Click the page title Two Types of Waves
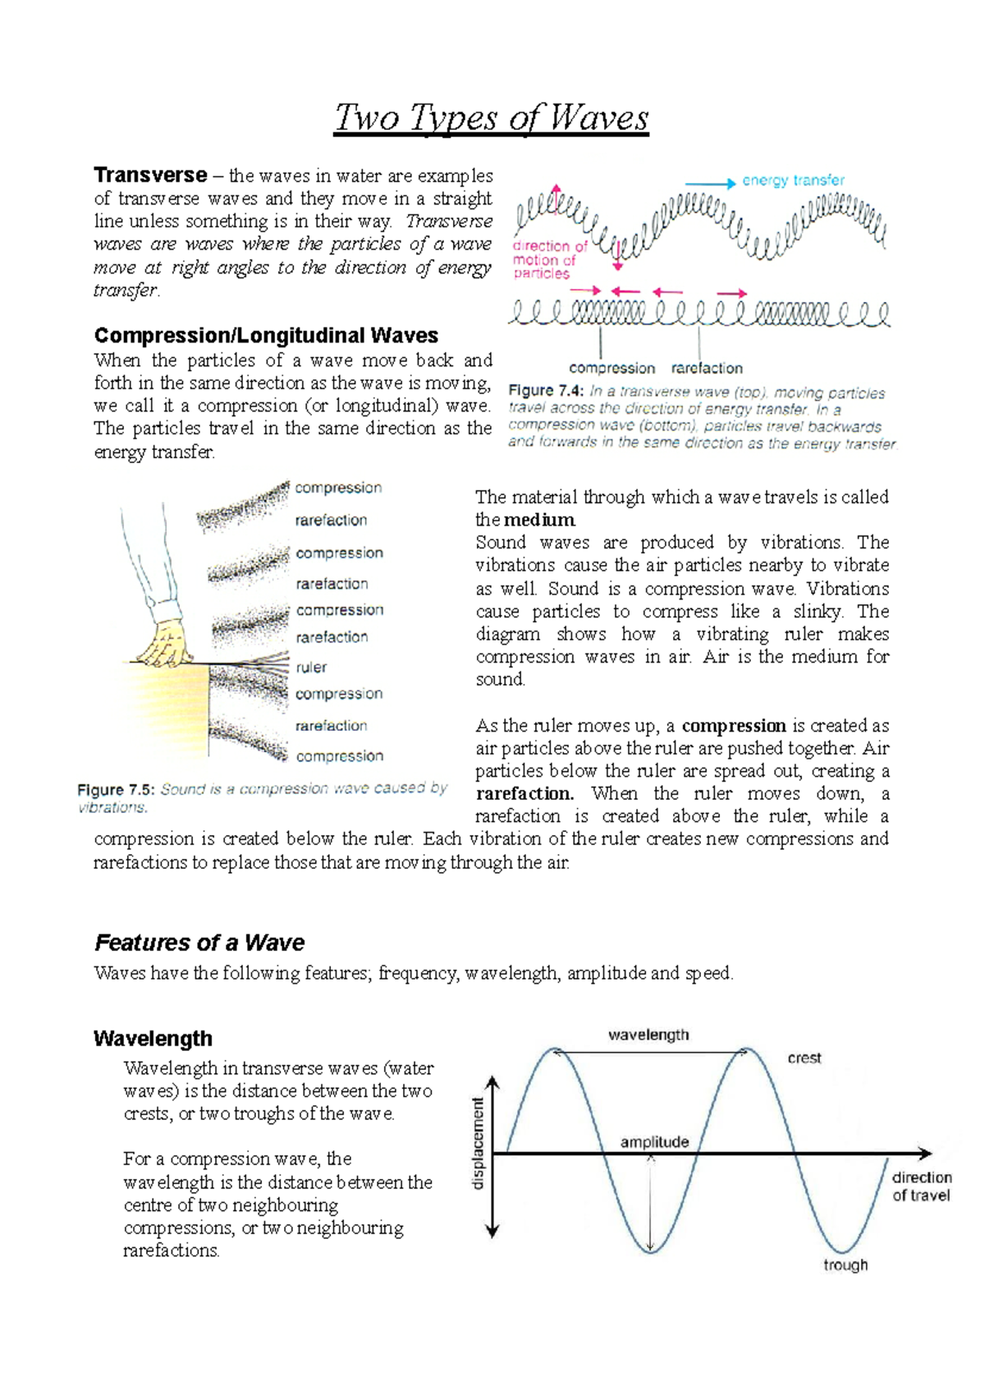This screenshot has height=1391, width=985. (491, 118)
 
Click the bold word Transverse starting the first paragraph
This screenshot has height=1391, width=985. (150, 175)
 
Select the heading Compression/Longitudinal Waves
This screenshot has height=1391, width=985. (266, 335)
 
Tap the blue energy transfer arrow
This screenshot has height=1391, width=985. (710, 184)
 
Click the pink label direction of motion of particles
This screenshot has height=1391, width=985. (549, 259)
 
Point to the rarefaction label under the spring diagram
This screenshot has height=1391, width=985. (707, 368)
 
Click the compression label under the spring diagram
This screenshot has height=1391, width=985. (612, 368)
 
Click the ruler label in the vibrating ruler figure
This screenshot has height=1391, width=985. (311, 667)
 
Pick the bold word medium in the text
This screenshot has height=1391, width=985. (538, 520)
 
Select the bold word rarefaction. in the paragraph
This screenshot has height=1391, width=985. (525, 793)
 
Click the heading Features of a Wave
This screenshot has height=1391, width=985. (199, 942)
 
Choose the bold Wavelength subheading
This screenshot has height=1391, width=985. (153, 1038)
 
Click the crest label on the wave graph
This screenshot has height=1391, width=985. (804, 1058)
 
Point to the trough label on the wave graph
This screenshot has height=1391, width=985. (845, 1265)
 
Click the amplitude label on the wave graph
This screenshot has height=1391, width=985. (654, 1141)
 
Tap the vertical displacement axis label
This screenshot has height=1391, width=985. (478, 1144)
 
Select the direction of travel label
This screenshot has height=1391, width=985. (921, 1187)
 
